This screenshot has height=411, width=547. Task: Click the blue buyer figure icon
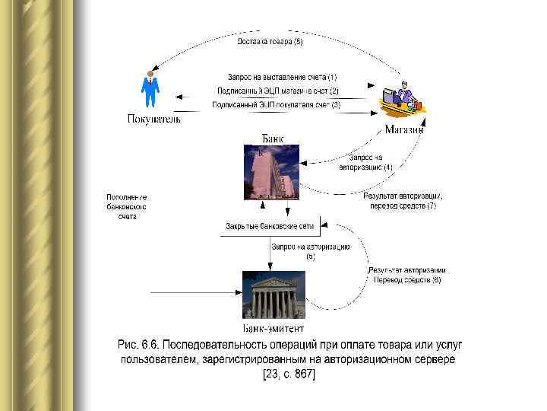pos(150,90)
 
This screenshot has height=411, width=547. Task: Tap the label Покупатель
pos(153,119)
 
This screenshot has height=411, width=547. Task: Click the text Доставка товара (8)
pos(270,42)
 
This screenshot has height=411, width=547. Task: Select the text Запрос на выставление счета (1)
pos(282,77)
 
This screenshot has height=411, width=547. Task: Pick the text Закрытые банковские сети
pos(269,226)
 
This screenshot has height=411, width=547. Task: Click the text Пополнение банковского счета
pos(126,206)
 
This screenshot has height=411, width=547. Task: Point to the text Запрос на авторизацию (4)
pos(366,162)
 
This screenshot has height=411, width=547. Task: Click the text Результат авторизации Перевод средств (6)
pos(406,275)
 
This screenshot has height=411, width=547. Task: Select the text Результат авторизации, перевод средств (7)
pos(403,201)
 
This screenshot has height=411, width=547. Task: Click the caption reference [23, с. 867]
pos(288,374)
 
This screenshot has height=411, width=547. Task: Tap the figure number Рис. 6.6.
pos(141,345)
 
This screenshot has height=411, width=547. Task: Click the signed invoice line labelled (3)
pos(277,104)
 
